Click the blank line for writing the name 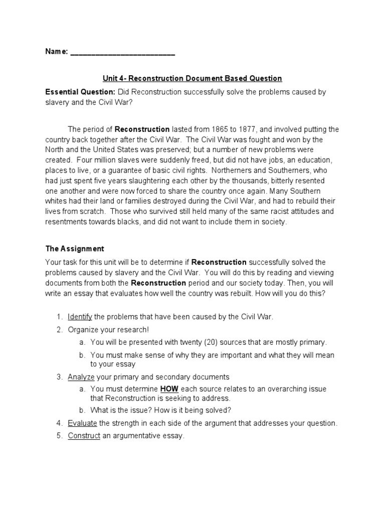coord(122,53)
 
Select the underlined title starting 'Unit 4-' coord(192,78)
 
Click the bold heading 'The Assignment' coord(75,248)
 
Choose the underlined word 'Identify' coord(80,317)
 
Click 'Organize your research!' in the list coord(108,330)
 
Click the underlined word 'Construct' coord(84,436)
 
